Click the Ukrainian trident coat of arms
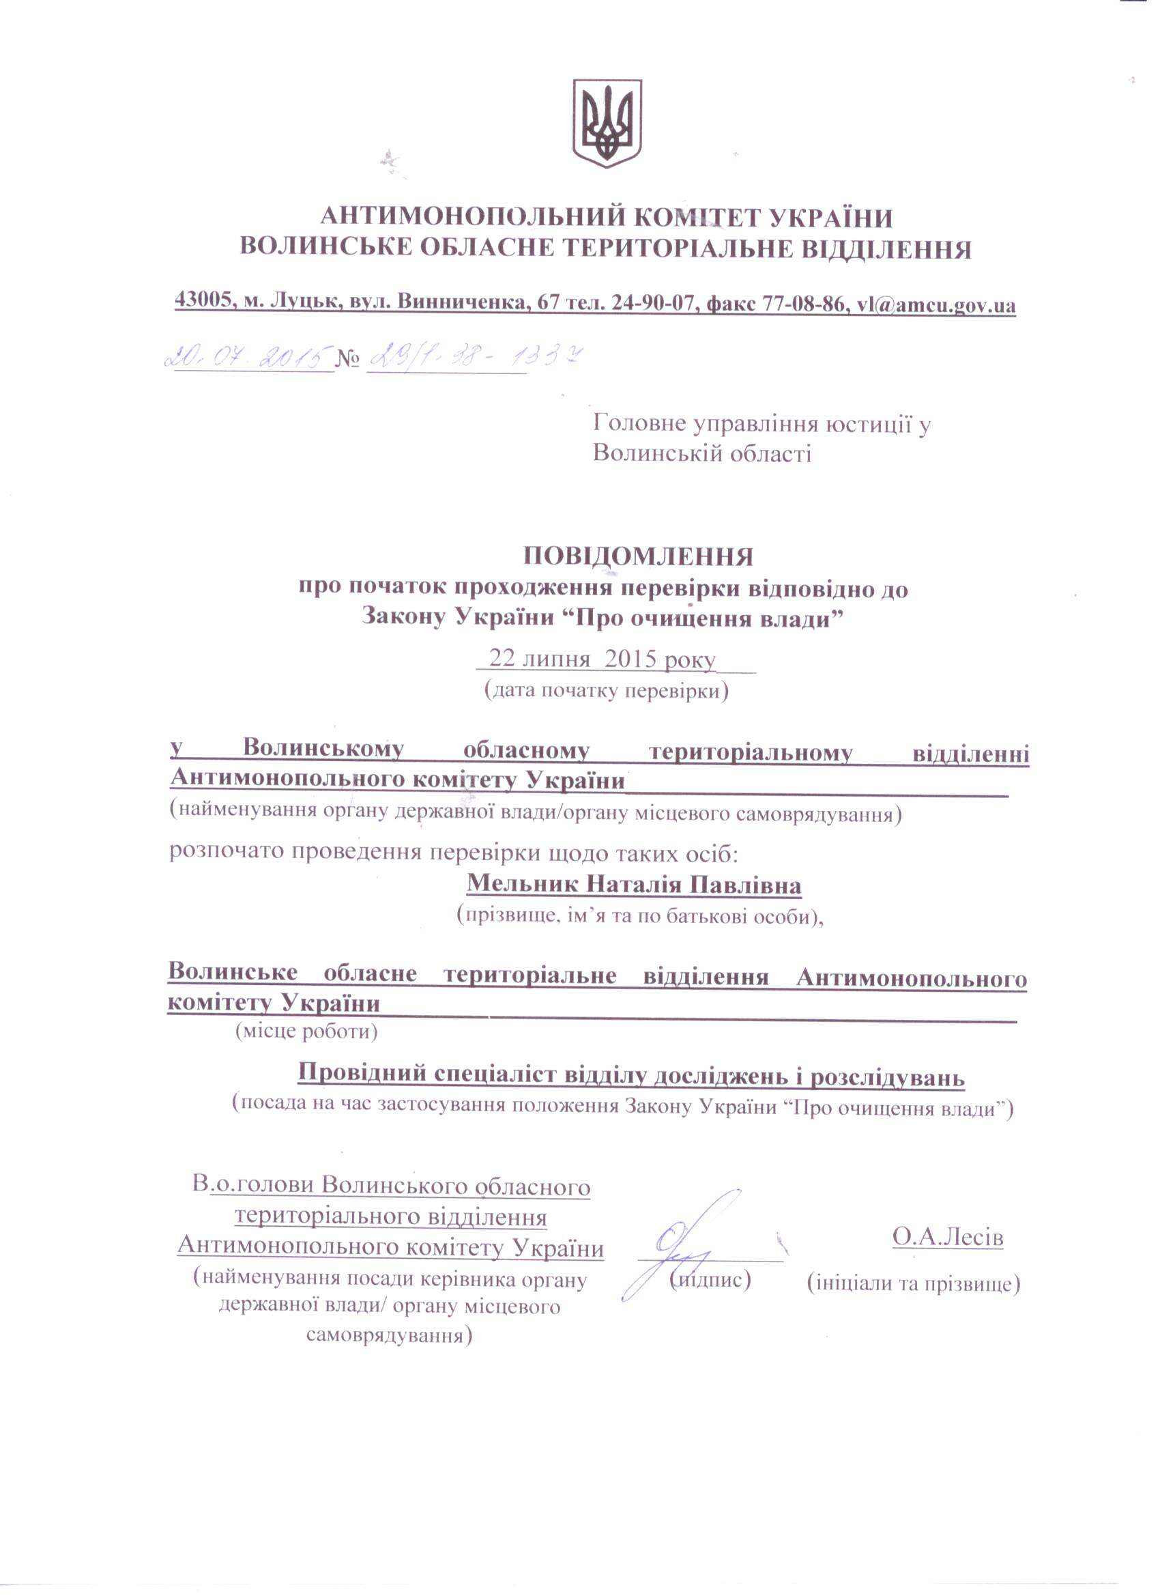click(x=607, y=122)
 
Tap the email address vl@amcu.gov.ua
click(x=936, y=304)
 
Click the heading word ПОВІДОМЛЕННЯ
click(x=638, y=556)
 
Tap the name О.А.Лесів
click(x=948, y=1236)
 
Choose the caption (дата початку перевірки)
click(x=607, y=690)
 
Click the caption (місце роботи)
click(x=306, y=1032)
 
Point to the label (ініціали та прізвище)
click(x=914, y=1283)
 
